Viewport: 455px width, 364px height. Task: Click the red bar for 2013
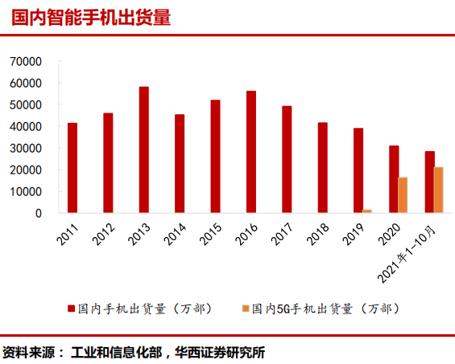point(143,149)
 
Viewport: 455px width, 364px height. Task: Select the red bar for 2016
point(251,152)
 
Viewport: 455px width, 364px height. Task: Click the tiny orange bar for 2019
point(367,211)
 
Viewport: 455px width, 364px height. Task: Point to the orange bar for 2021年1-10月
point(438,190)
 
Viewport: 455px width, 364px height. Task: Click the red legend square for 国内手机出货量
point(71,308)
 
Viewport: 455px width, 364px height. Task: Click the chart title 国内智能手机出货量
point(91,18)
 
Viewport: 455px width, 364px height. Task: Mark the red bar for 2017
point(287,159)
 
